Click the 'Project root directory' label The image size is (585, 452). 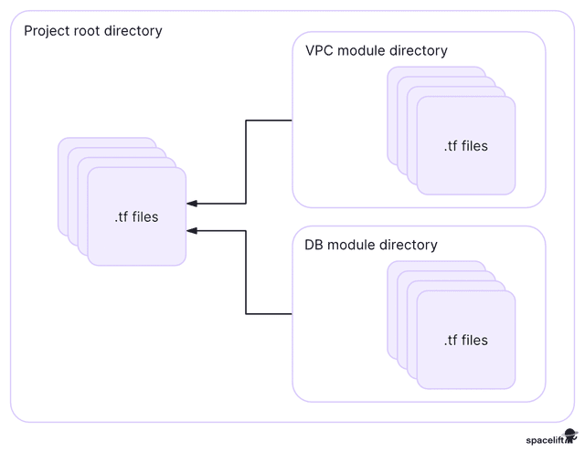[x=93, y=31]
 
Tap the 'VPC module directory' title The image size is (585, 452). [x=377, y=50]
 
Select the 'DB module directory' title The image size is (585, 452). [x=371, y=245]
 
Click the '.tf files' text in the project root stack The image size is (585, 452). [x=136, y=217]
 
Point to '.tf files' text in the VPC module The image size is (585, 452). [x=466, y=146]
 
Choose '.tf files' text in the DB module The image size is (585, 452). [x=466, y=341]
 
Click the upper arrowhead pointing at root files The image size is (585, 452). [x=192, y=204]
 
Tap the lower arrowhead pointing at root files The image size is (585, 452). [x=192, y=231]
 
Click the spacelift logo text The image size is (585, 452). [x=545, y=440]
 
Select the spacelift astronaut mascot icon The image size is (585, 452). [x=570, y=436]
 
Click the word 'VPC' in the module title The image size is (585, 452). [x=319, y=50]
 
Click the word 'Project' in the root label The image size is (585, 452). [x=47, y=31]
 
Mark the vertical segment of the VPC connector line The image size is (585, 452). [x=246, y=162]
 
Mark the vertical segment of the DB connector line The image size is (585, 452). [x=246, y=272]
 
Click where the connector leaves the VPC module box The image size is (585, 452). [x=292, y=121]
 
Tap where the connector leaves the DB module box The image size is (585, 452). [x=292, y=314]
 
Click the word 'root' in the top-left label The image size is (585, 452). [x=87, y=31]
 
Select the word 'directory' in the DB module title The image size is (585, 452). [x=409, y=246]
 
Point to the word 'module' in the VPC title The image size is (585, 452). [x=362, y=50]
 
